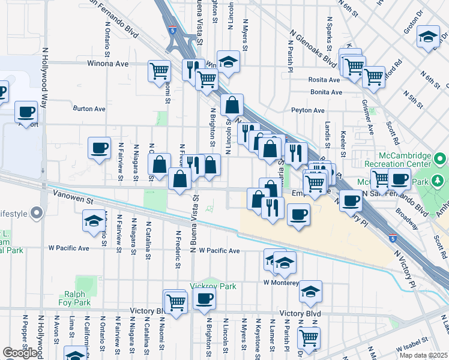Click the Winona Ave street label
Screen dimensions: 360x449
(x=108, y=63)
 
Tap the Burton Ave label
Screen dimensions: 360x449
(x=89, y=109)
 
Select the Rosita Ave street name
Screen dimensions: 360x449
(x=325, y=80)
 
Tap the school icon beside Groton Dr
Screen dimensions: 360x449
(x=428, y=37)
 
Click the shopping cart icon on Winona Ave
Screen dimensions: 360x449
(x=159, y=71)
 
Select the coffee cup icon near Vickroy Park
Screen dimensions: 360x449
(x=204, y=299)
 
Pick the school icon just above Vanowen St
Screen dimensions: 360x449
(x=93, y=221)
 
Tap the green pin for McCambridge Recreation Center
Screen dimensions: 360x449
(x=440, y=160)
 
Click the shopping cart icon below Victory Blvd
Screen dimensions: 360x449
(x=309, y=337)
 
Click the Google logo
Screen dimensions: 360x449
(x=20, y=353)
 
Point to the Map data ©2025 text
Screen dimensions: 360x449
(x=424, y=355)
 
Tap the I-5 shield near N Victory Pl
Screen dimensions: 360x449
(x=392, y=238)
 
